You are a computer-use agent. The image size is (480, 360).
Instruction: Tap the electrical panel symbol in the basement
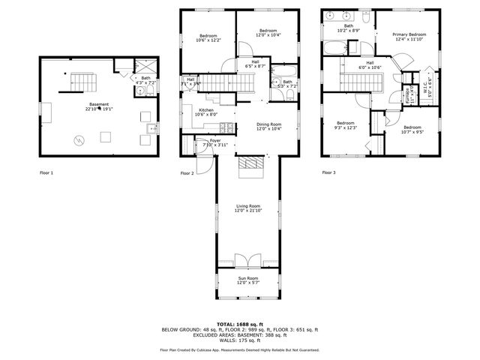[x=78, y=139]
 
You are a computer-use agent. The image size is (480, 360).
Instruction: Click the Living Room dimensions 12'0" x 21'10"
[x=247, y=211]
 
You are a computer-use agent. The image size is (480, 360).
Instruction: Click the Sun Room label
[x=247, y=278]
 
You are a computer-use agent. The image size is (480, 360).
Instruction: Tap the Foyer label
[x=215, y=140]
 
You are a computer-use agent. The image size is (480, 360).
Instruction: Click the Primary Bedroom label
[x=409, y=34]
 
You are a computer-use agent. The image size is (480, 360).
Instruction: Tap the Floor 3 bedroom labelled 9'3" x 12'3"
[x=345, y=123]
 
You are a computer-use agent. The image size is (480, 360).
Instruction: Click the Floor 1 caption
[x=46, y=172]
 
